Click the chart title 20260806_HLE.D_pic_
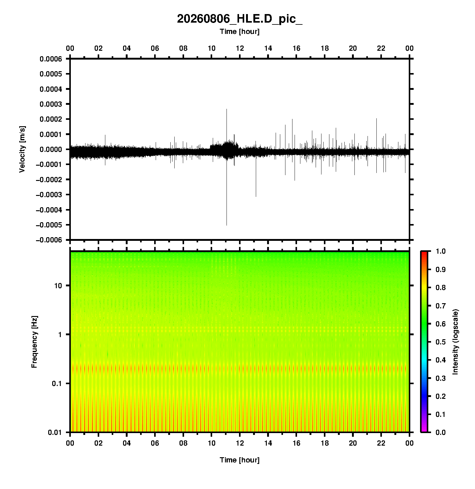pos(240,19)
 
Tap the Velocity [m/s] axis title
pos(22,149)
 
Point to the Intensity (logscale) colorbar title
pos(455,342)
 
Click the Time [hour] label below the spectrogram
pos(240,460)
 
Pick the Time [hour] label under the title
pos(240,31)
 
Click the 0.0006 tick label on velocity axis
pos(51,59)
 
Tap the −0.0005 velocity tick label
pos(49,225)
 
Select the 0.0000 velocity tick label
pos(51,149)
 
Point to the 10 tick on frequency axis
pos(58,286)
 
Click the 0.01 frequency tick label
pos(55,432)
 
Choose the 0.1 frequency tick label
pos(57,384)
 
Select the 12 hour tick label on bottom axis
pos(240,443)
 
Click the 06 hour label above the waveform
pos(155,48)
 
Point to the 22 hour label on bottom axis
pos(381,443)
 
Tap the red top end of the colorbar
pos(424,252)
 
